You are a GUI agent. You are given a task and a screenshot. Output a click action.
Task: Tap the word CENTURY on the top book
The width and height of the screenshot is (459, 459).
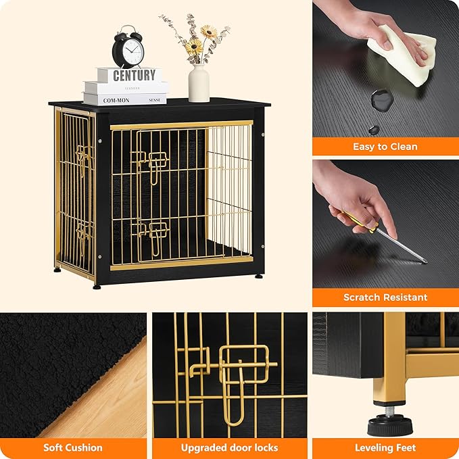(134, 75)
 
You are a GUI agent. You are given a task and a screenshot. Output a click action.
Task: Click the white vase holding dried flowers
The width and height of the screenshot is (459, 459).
(198, 82)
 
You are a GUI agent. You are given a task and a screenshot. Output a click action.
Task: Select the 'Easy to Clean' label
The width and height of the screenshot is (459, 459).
(385, 147)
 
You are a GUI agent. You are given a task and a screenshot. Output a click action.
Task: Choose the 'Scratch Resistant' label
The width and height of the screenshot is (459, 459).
(385, 297)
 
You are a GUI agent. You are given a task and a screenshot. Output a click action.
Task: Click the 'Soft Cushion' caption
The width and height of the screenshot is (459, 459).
(73, 448)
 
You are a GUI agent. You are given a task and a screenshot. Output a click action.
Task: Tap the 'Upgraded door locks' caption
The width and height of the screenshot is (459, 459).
(229, 448)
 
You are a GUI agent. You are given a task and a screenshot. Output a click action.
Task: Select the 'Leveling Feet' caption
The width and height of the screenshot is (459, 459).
(385, 448)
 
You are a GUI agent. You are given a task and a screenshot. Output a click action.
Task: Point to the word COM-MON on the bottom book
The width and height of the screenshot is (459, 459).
(116, 99)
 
